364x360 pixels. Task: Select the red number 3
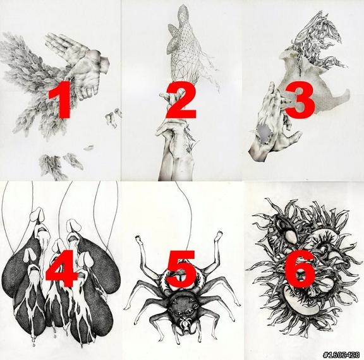[300, 100]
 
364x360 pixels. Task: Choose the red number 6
[300, 269]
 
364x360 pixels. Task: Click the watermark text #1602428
[341, 355]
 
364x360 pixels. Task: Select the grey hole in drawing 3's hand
[265, 131]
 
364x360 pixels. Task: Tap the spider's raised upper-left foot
[138, 238]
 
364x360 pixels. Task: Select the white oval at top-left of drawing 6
[291, 237]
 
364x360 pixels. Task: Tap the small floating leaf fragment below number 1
[88, 148]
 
